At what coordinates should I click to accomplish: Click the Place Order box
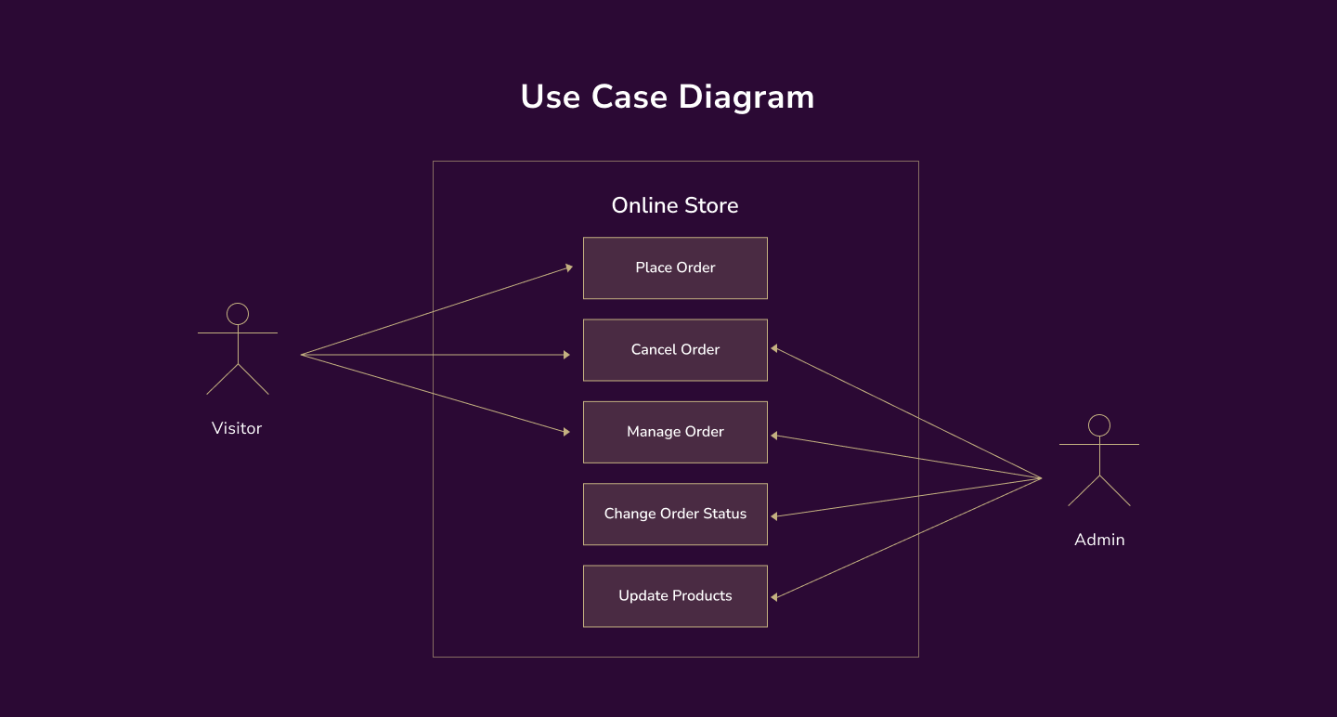(675, 267)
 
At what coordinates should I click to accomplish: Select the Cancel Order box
(675, 350)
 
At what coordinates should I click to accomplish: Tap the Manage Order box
(675, 432)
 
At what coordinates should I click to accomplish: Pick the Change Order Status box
(675, 514)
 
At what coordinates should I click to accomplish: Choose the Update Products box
(675, 595)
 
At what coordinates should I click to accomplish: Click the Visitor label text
(237, 428)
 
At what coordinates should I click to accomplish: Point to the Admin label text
(1099, 540)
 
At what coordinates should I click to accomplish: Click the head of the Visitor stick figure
(238, 314)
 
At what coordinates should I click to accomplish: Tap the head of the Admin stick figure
(1099, 425)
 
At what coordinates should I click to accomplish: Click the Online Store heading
(675, 205)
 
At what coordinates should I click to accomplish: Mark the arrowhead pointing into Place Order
(568, 267)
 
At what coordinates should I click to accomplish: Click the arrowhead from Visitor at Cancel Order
(566, 355)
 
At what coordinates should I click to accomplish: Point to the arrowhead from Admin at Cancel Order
(775, 348)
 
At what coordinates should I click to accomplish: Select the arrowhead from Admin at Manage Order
(775, 435)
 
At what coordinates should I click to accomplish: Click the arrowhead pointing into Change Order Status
(775, 515)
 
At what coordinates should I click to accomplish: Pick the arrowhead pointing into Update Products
(775, 597)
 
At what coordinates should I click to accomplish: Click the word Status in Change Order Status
(725, 514)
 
